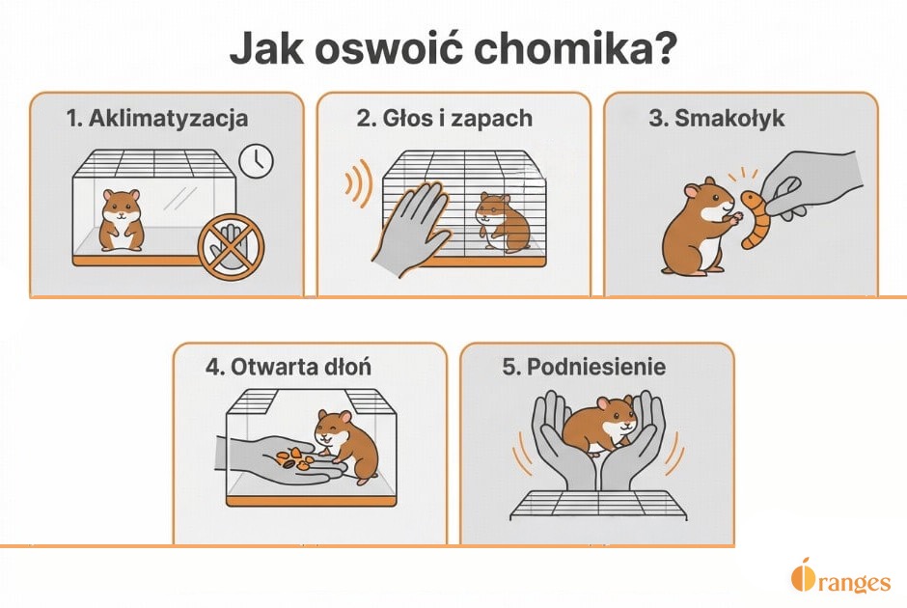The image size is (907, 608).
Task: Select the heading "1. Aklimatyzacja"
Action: (157, 119)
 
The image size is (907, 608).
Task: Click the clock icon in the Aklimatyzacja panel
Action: (257, 161)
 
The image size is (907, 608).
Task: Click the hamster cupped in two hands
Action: (598, 425)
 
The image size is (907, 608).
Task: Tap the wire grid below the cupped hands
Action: (598, 503)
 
